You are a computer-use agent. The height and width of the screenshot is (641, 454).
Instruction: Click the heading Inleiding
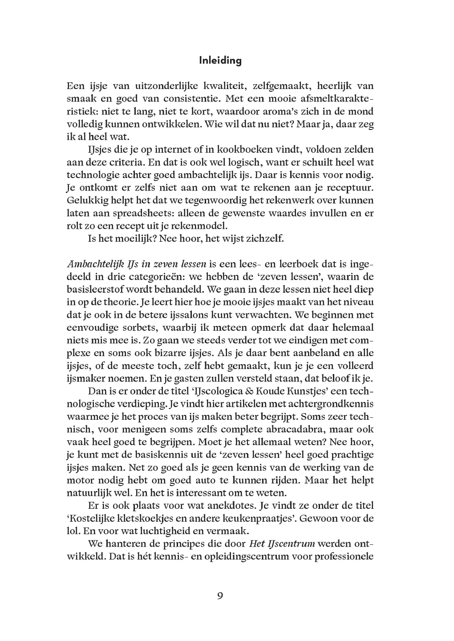point(220,61)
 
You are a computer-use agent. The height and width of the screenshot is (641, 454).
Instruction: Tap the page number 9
point(220,596)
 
